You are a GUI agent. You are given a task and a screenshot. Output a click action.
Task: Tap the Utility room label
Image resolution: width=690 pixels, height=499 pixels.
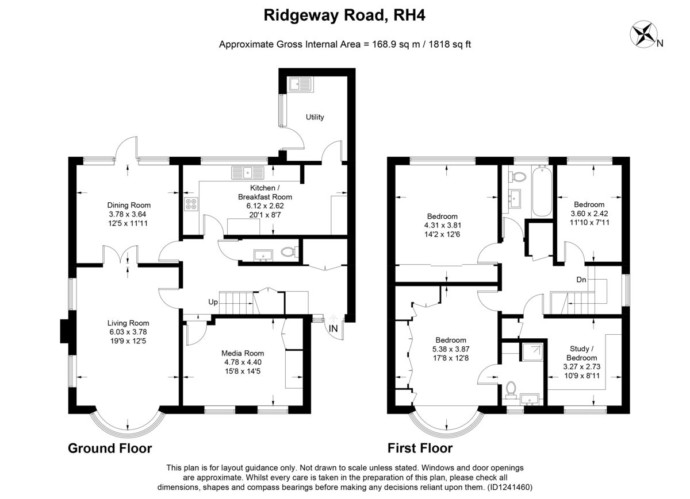315,117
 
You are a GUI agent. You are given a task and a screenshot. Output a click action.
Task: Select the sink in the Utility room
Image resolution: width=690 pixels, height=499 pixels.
300,84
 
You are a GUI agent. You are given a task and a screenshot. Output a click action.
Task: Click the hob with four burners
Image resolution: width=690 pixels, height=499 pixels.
191,204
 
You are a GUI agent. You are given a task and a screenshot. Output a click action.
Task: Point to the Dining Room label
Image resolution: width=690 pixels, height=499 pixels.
129,205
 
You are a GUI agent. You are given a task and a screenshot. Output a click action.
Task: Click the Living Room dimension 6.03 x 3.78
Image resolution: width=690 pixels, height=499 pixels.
128,332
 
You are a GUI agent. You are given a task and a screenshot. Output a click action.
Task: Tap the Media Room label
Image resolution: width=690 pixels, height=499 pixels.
243,353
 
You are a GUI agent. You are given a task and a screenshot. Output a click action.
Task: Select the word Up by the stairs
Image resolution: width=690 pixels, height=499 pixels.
213,302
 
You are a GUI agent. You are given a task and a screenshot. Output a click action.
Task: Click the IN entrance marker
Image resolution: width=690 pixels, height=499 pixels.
333,328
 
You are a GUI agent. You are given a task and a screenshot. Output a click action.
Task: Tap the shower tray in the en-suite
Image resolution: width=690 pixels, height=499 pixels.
532,352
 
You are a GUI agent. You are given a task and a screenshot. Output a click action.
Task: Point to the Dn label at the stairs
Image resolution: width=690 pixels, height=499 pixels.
581,280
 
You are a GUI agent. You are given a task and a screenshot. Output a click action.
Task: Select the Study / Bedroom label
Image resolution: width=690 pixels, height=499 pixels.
581,353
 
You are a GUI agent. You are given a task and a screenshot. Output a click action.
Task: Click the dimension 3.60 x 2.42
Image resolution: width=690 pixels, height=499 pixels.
589,214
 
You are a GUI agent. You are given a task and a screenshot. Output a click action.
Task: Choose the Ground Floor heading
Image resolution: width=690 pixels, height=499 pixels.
110,448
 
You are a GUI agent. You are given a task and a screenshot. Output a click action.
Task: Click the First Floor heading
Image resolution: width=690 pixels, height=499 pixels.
420,448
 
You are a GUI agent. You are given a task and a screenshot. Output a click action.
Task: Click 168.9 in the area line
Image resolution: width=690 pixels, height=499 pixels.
383,44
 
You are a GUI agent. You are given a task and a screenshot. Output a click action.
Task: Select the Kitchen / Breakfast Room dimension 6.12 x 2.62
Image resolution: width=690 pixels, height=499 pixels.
265,206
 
